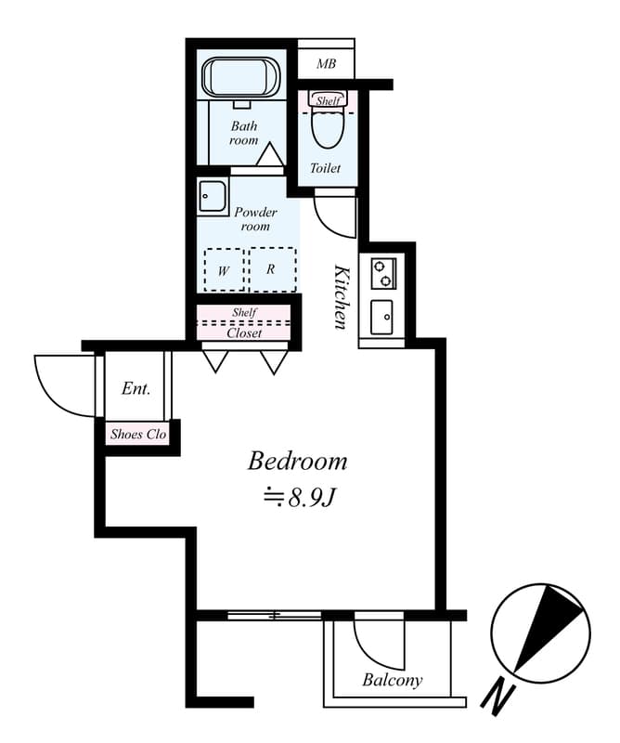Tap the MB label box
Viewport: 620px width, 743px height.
coord(326,64)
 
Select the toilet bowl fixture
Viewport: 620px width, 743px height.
coord(326,128)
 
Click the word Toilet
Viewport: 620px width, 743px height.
coord(326,169)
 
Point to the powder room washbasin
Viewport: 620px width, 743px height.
coord(213,196)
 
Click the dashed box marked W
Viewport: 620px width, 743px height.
coord(224,270)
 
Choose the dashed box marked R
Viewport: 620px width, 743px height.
coord(271,269)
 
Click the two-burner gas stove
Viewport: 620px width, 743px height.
coord(381,273)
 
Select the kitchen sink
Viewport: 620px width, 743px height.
coord(381,318)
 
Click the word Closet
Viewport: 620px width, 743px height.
coord(244,332)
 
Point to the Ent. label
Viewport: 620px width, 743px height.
coord(136,389)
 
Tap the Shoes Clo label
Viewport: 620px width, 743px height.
coord(138,434)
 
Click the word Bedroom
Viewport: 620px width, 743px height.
coord(297,461)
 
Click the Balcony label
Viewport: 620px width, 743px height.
coord(392,681)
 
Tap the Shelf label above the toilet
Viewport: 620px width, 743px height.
coord(327,99)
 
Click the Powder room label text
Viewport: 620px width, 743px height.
coord(255,218)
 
